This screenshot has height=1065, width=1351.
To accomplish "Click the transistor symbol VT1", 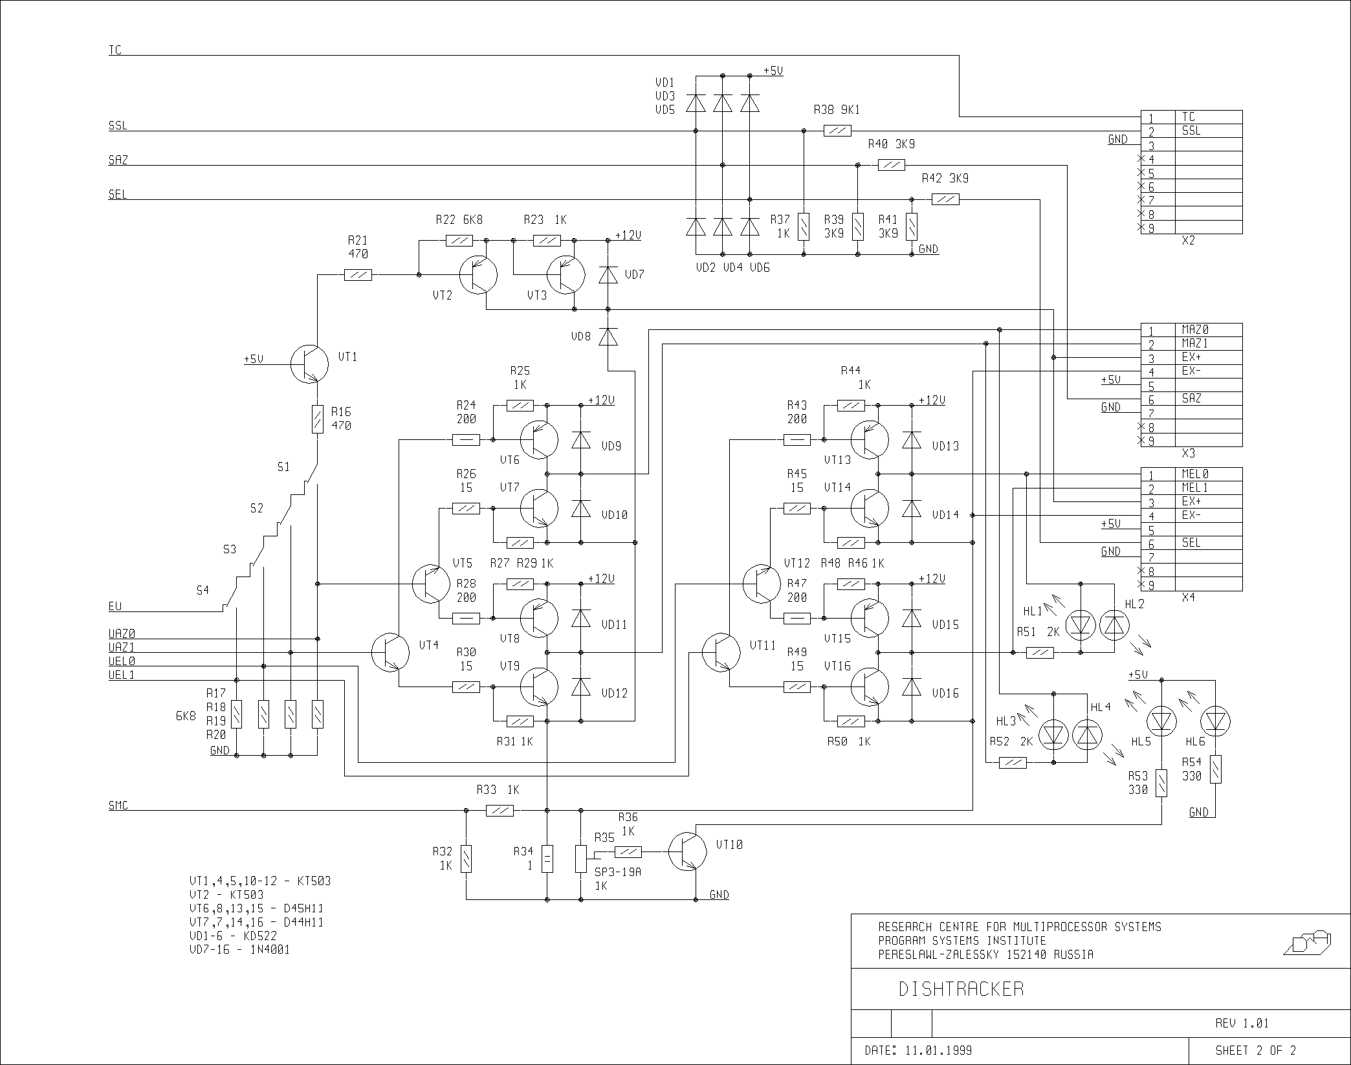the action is click(x=309, y=364).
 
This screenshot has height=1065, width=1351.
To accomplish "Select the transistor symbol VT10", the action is click(x=688, y=852).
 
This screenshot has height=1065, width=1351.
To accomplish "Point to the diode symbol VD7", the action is click(x=608, y=275).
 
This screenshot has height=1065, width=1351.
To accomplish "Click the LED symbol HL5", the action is click(x=1161, y=721).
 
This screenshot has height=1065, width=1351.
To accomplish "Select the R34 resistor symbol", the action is click(x=547, y=859).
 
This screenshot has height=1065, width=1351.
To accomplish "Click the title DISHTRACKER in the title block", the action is click(x=961, y=989).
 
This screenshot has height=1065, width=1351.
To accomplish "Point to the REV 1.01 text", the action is click(x=1242, y=1024).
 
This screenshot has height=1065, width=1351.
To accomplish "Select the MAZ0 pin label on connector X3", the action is click(x=1195, y=330).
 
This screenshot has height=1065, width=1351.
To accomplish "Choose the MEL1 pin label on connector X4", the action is click(x=1195, y=488).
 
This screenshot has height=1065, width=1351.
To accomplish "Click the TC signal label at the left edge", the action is click(x=115, y=50).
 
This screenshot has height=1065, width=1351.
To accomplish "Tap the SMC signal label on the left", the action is click(x=118, y=806).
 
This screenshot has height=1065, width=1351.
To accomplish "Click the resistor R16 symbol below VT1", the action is click(x=318, y=419).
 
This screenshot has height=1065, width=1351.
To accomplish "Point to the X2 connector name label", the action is click(x=1188, y=241).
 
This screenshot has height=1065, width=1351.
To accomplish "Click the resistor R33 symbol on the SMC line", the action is click(x=500, y=810).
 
